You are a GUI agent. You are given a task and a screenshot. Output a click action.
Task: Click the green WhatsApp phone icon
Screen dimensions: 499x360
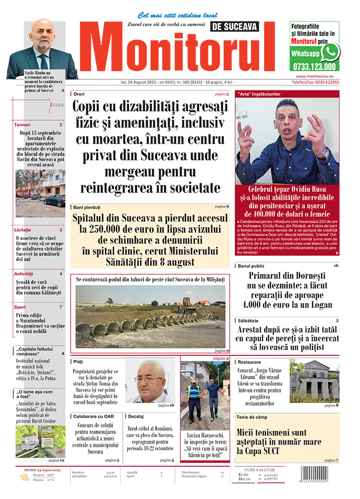point(330,51)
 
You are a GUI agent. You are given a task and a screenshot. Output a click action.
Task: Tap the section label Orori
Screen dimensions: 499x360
point(79,94)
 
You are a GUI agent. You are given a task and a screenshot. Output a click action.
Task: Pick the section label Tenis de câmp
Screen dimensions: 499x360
point(253,417)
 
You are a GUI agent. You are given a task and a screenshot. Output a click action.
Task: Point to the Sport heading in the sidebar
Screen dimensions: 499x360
point(20,307)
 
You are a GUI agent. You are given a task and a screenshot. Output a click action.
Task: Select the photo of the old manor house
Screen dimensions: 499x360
point(314,381)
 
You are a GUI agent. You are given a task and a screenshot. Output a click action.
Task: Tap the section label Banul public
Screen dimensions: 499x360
point(251,266)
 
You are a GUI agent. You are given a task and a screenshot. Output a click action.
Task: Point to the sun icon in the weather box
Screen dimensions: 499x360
point(24,478)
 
